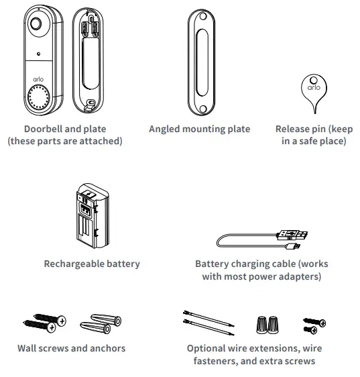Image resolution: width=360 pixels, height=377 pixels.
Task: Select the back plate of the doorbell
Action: (x=88, y=59)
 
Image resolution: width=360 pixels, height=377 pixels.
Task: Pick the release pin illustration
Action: (x=312, y=90)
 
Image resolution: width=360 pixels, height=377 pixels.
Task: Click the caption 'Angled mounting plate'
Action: (x=199, y=129)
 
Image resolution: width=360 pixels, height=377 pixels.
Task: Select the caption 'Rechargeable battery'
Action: (x=92, y=264)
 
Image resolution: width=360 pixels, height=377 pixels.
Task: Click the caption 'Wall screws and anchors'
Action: (x=71, y=348)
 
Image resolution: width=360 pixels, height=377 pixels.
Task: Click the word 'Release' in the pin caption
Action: (x=295, y=129)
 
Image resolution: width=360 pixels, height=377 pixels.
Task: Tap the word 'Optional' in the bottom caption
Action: (x=209, y=348)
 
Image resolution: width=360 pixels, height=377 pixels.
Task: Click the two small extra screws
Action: (x=313, y=325)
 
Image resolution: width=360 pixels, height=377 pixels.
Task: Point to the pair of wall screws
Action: (x=44, y=324)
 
